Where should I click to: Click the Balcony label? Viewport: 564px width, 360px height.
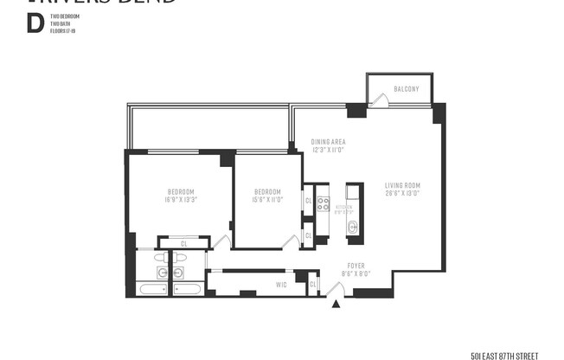(406, 89)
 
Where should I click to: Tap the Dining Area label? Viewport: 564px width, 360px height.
(329, 142)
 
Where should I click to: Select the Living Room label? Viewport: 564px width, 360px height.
(402, 184)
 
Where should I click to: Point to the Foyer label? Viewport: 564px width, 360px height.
(357, 267)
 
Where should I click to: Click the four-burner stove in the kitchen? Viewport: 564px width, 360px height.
(323, 204)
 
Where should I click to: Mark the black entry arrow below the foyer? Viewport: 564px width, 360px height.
(336, 303)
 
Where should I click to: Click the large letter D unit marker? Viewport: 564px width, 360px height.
(35, 23)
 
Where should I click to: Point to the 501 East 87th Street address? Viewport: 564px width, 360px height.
(504, 355)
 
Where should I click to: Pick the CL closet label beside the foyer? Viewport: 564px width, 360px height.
(313, 284)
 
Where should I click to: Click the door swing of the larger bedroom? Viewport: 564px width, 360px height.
(221, 244)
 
